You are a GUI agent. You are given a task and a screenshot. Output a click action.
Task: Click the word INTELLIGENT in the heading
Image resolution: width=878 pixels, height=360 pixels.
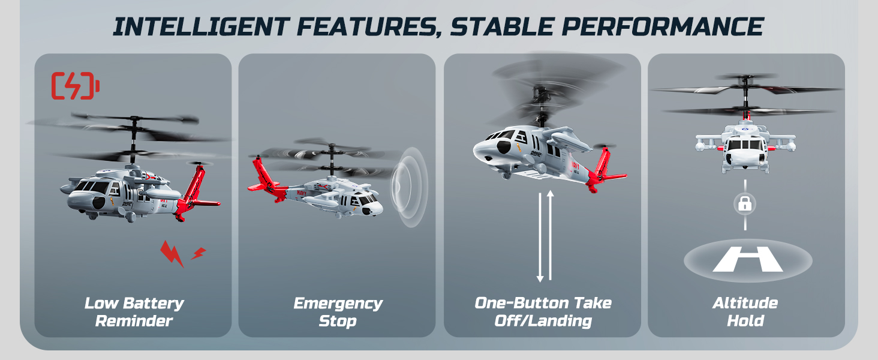[202, 26]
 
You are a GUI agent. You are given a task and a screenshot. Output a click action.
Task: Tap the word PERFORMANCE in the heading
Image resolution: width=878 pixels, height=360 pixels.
[663, 26]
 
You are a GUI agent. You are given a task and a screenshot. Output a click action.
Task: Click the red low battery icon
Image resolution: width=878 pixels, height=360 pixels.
[75, 85]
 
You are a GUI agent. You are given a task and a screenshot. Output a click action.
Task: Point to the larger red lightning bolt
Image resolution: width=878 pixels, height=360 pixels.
[172, 254]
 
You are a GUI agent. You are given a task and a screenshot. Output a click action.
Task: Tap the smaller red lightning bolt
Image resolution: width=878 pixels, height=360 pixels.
[199, 253]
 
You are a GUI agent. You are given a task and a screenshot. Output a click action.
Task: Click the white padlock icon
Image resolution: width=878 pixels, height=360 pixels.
[745, 204]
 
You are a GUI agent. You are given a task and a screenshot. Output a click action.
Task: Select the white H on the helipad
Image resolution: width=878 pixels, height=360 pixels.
[748, 259]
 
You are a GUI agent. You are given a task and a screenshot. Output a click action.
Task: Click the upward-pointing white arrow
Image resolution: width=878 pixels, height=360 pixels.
[551, 235]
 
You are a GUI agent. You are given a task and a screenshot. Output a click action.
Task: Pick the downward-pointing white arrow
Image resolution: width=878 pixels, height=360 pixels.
[540, 238]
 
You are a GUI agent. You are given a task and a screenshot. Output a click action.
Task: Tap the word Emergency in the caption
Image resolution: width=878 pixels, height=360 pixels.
[338, 304]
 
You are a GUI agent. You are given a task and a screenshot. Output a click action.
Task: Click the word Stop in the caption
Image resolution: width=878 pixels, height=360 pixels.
[338, 321]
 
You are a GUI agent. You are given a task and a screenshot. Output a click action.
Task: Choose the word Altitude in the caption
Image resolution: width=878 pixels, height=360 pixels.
[745, 303]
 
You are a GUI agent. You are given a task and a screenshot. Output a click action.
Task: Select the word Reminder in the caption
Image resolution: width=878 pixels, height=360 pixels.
[134, 321]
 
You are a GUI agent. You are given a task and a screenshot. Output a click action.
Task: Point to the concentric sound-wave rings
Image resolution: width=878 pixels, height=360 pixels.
[409, 187]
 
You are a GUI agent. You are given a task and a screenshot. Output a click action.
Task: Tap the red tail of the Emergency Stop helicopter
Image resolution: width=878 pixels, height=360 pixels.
[266, 181]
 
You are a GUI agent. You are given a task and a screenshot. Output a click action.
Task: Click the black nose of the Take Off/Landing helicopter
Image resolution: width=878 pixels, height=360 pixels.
[503, 148]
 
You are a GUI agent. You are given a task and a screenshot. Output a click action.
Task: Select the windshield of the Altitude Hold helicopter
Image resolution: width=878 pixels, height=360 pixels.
[745, 144]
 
